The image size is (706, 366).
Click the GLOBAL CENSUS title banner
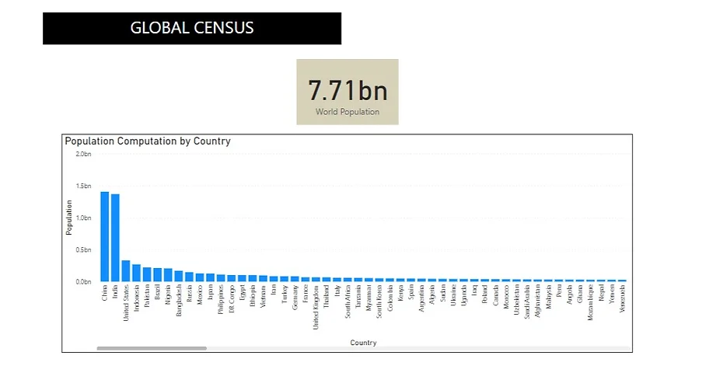click(x=191, y=29)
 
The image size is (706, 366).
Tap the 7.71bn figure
click(x=347, y=90)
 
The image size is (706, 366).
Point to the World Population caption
click(x=347, y=112)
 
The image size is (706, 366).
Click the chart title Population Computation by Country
click(x=148, y=141)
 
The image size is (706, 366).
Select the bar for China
click(x=104, y=236)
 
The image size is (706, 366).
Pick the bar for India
click(x=115, y=238)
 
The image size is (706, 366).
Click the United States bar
click(x=126, y=270)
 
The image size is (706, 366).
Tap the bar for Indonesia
click(x=136, y=273)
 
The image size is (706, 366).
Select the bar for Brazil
click(x=157, y=274)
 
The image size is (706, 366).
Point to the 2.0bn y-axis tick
click(x=83, y=154)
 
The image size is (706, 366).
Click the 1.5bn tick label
click(x=83, y=186)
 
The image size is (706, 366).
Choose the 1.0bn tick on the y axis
click(x=83, y=218)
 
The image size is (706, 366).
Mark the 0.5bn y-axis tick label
click(x=83, y=249)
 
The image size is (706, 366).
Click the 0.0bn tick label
click(x=83, y=281)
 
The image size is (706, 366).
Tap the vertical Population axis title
click(x=68, y=218)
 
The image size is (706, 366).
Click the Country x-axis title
click(x=363, y=342)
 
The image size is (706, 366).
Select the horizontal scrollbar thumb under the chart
click(x=152, y=349)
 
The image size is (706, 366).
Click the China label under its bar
click(x=104, y=295)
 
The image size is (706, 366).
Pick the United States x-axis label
click(x=126, y=301)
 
